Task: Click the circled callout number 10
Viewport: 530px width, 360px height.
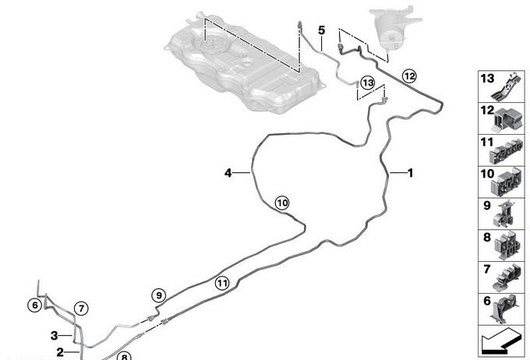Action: point(282,203)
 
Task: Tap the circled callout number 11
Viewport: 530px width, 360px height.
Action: point(222,283)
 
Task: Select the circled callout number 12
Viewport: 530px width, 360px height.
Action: point(409,76)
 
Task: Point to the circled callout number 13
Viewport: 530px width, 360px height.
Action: point(368,83)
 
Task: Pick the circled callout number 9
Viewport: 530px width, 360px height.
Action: point(159,296)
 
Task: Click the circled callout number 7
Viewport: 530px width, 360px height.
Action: point(81,309)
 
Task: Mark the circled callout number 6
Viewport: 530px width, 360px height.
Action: point(35,305)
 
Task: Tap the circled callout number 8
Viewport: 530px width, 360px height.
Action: point(124,356)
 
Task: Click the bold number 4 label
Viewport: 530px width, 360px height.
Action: point(228,173)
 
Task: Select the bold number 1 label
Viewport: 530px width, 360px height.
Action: point(410,173)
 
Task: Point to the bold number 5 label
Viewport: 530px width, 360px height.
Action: point(321,30)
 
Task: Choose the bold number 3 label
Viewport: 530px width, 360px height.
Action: point(54,336)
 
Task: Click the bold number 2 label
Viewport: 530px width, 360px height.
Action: point(60,352)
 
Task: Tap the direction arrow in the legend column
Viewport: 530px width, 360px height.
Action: point(500,341)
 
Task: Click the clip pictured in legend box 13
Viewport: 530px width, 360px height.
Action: point(506,86)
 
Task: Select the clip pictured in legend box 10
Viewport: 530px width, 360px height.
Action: point(507,183)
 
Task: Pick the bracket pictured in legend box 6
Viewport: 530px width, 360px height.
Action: point(504,309)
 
